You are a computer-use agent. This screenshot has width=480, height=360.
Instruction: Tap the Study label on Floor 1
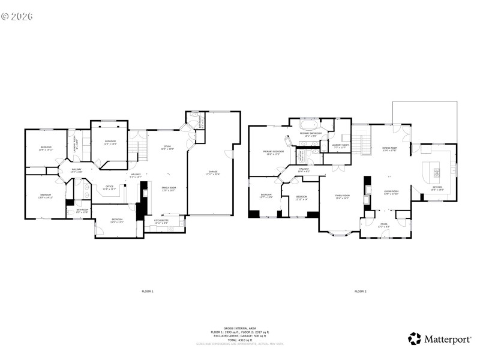pyautogui.click(x=169, y=147)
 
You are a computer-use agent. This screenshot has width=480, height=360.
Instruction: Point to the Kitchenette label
pyautogui.click(x=161, y=221)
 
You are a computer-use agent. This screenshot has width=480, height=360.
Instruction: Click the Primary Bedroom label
pyautogui.click(x=274, y=152)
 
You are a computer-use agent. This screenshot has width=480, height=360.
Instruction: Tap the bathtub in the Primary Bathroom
pyautogui.click(x=310, y=127)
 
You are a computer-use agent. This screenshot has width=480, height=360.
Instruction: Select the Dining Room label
pyautogui.click(x=390, y=149)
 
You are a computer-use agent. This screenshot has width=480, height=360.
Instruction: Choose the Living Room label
pyautogui.click(x=391, y=192)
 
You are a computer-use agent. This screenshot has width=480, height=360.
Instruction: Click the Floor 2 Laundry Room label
pyautogui.click(x=340, y=146)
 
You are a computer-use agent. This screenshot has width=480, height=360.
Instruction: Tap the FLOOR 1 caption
pyautogui.click(x=148, y=291)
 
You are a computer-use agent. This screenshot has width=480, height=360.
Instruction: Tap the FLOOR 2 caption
pyautogui.click(x=360, y=291)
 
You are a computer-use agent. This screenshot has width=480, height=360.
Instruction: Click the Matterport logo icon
pyautogui.click(x=415, y=339)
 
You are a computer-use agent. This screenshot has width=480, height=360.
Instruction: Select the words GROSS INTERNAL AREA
pyautogui.click(x=239, y=328)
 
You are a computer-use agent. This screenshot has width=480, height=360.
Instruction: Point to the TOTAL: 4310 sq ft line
pyautogui.click(x=239, y=339)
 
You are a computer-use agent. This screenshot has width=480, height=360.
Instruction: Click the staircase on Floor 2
pyautogui.click(x=361, y=143)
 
